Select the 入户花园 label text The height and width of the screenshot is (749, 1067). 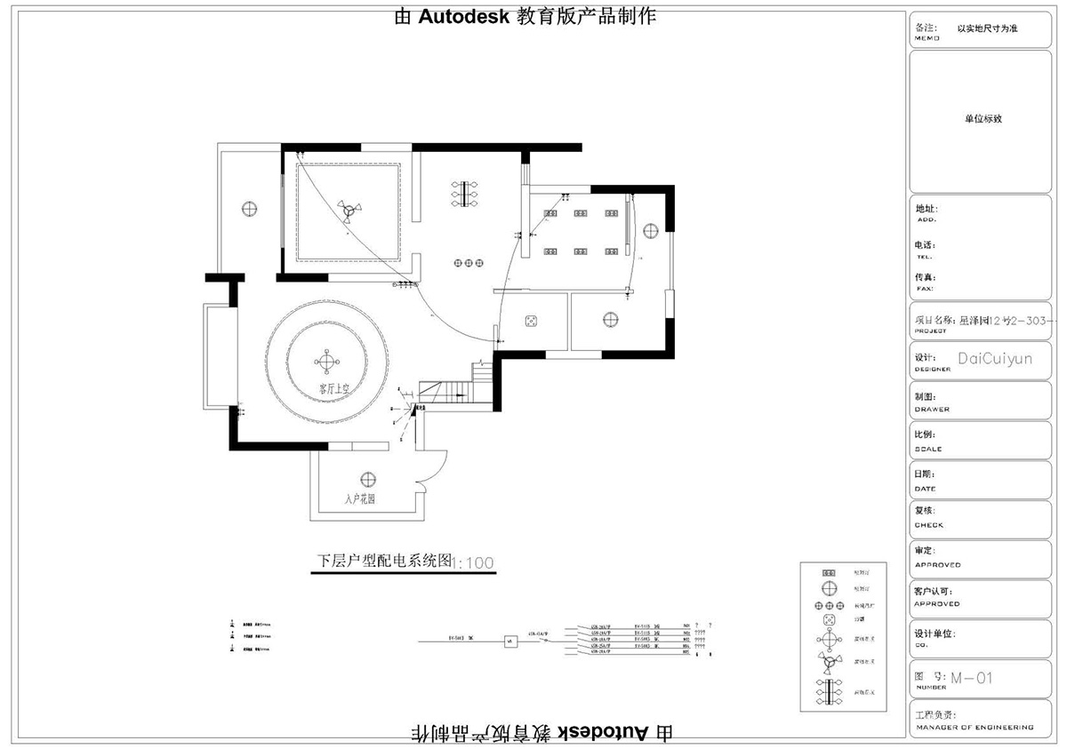click(x=359, y=499)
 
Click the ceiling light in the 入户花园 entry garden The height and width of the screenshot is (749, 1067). click(x=368, y=478)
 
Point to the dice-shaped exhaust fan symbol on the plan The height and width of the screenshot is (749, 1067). click(x=532, y=320)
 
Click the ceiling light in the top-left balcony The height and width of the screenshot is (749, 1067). click(x=250, y=210)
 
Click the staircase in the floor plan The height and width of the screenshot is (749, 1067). click(x=453, y=390)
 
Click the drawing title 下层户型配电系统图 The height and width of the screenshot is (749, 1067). click(x=385, y=562)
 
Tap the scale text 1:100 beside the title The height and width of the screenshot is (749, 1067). click(x=474, y=563)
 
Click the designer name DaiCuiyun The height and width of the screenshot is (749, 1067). click(x=995, y=359)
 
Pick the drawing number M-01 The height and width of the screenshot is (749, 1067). click(x=971, y=679)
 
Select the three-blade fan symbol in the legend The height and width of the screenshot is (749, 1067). click(x=828, y=665)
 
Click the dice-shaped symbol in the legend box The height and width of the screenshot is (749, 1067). click(x=828, y=618)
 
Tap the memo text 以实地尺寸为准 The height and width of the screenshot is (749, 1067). click(x=987, y=28)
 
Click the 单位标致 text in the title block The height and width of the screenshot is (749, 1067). click(x=983, y=118)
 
